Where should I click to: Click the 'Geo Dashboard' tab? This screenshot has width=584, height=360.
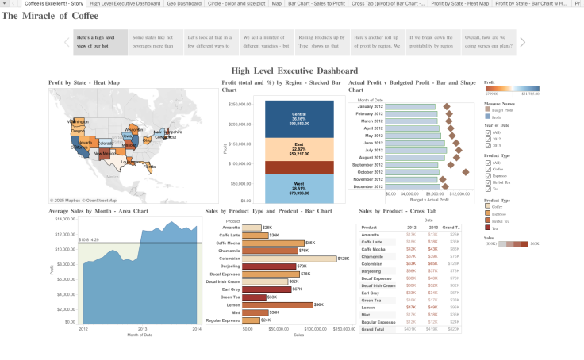pyautogui.click(x=183, y=4)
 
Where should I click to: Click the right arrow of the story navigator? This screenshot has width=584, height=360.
pyautogui.click(x=522, y=42)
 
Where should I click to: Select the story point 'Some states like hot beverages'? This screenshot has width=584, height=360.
pyautogui.click(x=155, y=42)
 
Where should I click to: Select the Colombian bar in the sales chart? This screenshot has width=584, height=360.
pyautogui.click(x=289, y=259)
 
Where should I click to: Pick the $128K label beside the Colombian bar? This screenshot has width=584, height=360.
pyautogui.click(x=344, y=259)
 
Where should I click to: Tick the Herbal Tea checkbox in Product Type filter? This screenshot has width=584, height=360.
pyautogui.click(x=488, y=182)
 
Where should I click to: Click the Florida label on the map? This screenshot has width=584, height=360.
pyautogui.click(x=149, y=167)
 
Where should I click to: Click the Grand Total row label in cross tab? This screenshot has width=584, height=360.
pyautogui.click(x=373, y=328)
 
